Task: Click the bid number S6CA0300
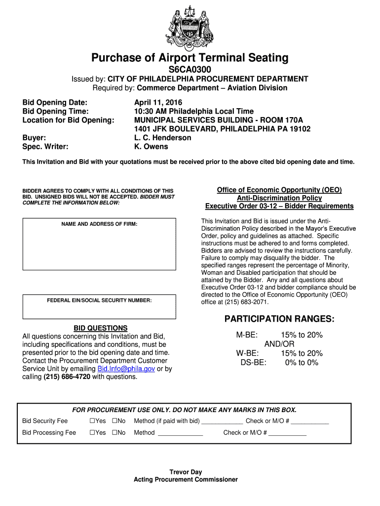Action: tap(190, 70)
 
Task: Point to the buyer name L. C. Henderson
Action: tap(162, 138)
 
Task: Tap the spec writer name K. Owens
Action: tap(151, 147)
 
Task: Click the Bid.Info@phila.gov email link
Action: tap(126, 369)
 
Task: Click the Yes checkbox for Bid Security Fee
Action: tap(92, 421)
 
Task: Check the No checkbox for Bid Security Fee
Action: tap(114, 421)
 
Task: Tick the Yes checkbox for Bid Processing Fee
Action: tap(92, 433)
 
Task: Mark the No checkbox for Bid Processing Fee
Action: tap(114, 433)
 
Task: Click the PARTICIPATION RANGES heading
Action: tap(279, 319)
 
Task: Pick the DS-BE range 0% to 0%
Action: tap(302, 363)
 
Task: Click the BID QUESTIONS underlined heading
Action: tap(101, 328)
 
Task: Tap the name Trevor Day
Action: tap(186, 472)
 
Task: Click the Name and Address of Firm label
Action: tap(99, 224)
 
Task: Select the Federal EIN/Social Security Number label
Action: tap(99, 300)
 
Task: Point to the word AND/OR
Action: tap(279, 344)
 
